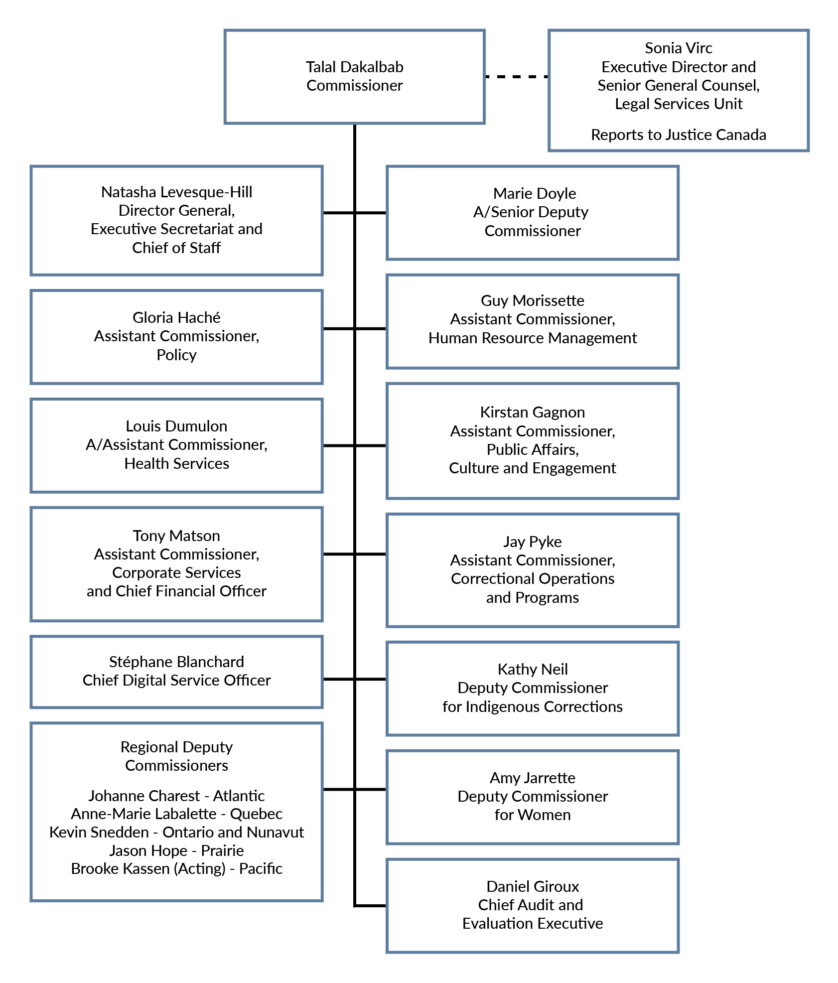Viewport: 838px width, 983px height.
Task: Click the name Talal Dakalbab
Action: click(354, 67)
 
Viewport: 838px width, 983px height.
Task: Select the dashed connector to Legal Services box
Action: click(516, 77)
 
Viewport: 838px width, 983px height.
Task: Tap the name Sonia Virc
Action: click(678, 48)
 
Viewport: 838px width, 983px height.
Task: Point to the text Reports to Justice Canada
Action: click(678, 135)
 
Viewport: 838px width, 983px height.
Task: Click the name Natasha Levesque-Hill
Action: click(176, 192)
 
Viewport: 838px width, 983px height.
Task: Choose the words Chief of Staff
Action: click(176, 248)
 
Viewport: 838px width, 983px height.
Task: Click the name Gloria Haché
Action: click(176, 317)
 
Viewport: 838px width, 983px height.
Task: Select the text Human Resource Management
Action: click(532, 338)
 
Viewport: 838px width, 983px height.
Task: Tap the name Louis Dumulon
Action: click(176, 426)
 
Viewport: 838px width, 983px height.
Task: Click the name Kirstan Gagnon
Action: click(532, 413)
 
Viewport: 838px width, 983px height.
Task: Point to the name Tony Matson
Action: click(176, 536)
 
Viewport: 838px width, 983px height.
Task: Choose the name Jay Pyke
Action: click(532, 542)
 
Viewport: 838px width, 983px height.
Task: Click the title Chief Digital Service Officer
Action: click(176, 681)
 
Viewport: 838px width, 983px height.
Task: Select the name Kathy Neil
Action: click(532, 670)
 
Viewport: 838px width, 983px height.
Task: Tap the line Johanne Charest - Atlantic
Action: click(176, 796)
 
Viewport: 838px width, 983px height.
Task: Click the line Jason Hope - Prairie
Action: click(176, 851)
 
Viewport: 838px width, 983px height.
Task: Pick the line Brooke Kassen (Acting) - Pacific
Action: click(176, 869)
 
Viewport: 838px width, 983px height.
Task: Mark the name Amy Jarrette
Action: click(532, 778)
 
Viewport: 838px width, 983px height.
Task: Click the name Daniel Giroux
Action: click(532, 887)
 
